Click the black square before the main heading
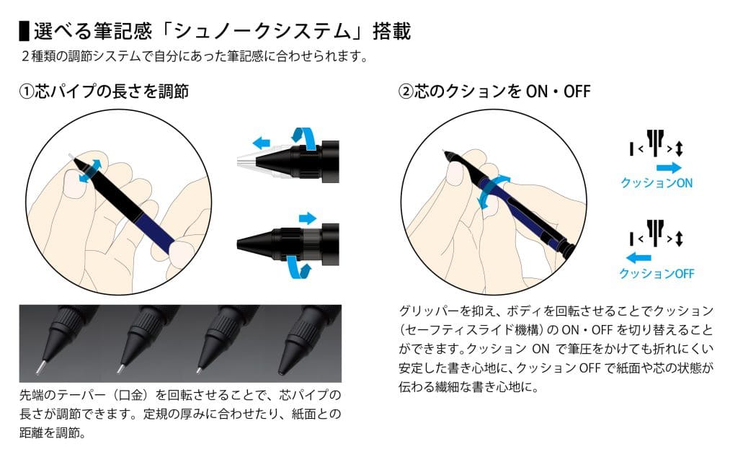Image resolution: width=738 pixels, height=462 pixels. [x=24, y=30]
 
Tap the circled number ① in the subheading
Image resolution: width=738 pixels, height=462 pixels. [x=27, y=92]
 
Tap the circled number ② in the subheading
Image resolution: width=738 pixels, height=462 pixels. [x=406, y=92]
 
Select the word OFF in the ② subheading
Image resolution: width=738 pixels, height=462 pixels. [x=577, y=92]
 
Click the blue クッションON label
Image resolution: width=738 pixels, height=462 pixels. [x=657, y=183]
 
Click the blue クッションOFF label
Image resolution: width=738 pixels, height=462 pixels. [x=657, y=273]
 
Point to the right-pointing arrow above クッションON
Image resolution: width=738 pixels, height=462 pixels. [x=669, y=167]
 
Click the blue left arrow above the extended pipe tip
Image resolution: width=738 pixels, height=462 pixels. [x=261, y=143]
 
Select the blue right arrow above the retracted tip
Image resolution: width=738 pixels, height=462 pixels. [x=308, y=218]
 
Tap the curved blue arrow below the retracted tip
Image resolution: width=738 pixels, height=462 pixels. [x=299, y=268]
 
